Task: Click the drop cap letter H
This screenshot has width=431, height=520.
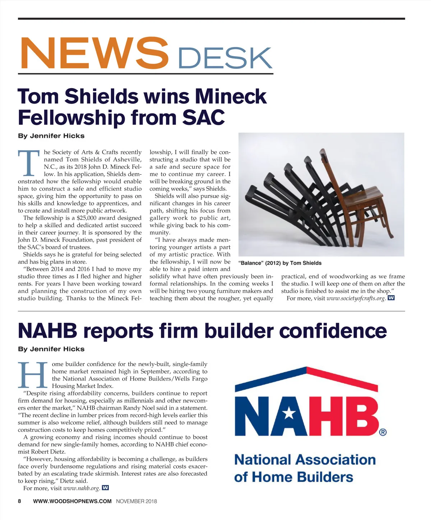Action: coord(33,375)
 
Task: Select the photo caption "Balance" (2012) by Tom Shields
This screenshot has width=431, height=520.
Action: coord(280,263)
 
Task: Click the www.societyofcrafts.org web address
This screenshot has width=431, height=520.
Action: coord(356,298)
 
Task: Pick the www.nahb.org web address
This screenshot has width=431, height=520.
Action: coord(81,488)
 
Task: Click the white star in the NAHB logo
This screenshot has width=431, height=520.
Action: coord(288,415)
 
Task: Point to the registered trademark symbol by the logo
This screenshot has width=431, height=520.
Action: coord(383,432)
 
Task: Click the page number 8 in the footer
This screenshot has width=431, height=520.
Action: coord(20,501)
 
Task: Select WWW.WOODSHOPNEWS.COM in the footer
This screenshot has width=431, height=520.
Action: coord(72,501)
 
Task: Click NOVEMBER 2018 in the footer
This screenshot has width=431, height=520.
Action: coord(136,501)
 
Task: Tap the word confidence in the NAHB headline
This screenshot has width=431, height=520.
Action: coord(333,331)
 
